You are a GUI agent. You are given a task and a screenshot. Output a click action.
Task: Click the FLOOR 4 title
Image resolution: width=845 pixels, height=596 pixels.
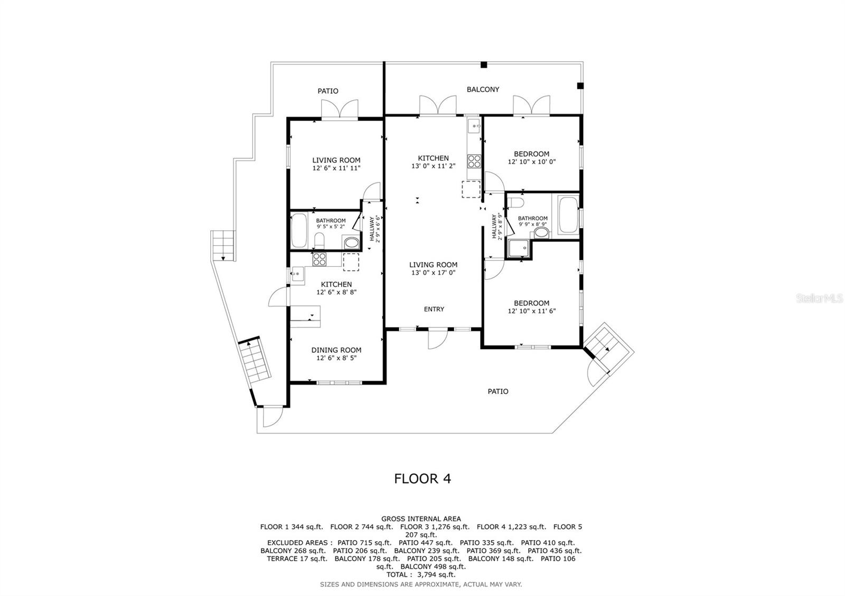click(x=422, y=478)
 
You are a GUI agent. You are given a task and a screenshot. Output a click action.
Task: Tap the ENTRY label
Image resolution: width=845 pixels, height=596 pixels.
click(x=434, y=309)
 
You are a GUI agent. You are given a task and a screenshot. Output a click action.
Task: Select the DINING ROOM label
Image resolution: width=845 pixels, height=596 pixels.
click(x=336, y=350)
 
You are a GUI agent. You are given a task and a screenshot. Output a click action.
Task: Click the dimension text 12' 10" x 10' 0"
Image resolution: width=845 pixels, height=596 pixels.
click(x=532, y=162)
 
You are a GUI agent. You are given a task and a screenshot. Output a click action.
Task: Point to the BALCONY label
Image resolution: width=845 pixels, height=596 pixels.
click(x=483, y=89)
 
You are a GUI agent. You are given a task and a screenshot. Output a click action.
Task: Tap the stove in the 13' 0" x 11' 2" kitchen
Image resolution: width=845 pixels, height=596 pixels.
click(x=474, y=161)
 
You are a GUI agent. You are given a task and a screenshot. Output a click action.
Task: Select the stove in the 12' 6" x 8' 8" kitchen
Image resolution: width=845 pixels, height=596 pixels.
click(x=320, y=259)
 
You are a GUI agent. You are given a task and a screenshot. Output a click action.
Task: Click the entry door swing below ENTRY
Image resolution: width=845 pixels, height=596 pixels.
click(x=437, y=340)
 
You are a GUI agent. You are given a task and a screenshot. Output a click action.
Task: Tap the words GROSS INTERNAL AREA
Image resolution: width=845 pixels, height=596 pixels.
click(x=421, y=518)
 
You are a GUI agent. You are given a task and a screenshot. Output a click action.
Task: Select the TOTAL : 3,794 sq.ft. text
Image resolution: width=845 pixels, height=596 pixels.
click(x=421, y=574)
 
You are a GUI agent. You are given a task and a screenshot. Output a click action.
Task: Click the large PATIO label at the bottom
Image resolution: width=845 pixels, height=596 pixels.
click(x=497, y=391)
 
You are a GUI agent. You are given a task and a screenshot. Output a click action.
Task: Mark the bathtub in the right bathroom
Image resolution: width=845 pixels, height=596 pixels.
click(x=568, y=215)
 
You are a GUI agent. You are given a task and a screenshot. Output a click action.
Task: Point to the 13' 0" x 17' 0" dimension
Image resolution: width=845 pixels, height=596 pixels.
click(x=434, y=273)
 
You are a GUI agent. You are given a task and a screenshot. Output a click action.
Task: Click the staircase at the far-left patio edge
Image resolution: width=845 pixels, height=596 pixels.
click(x=222, y=245)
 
